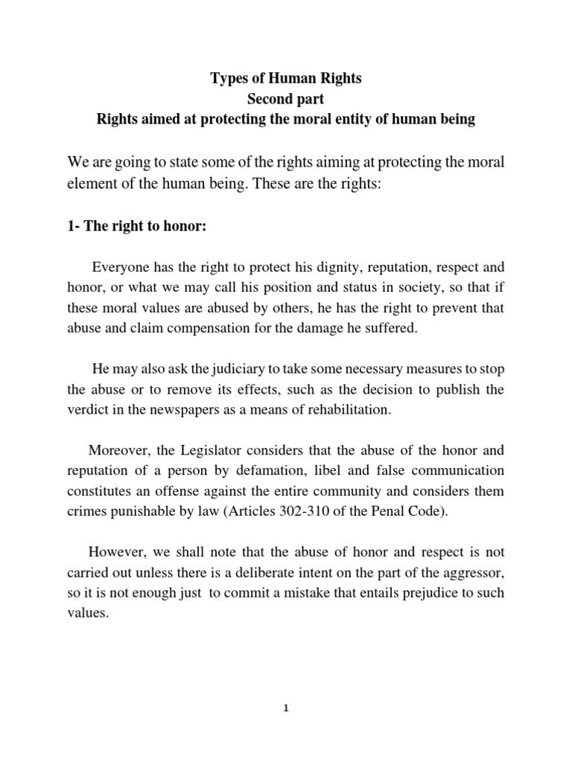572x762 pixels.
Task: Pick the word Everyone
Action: coord(119,268)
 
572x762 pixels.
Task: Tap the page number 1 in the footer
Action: coord(286,708)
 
